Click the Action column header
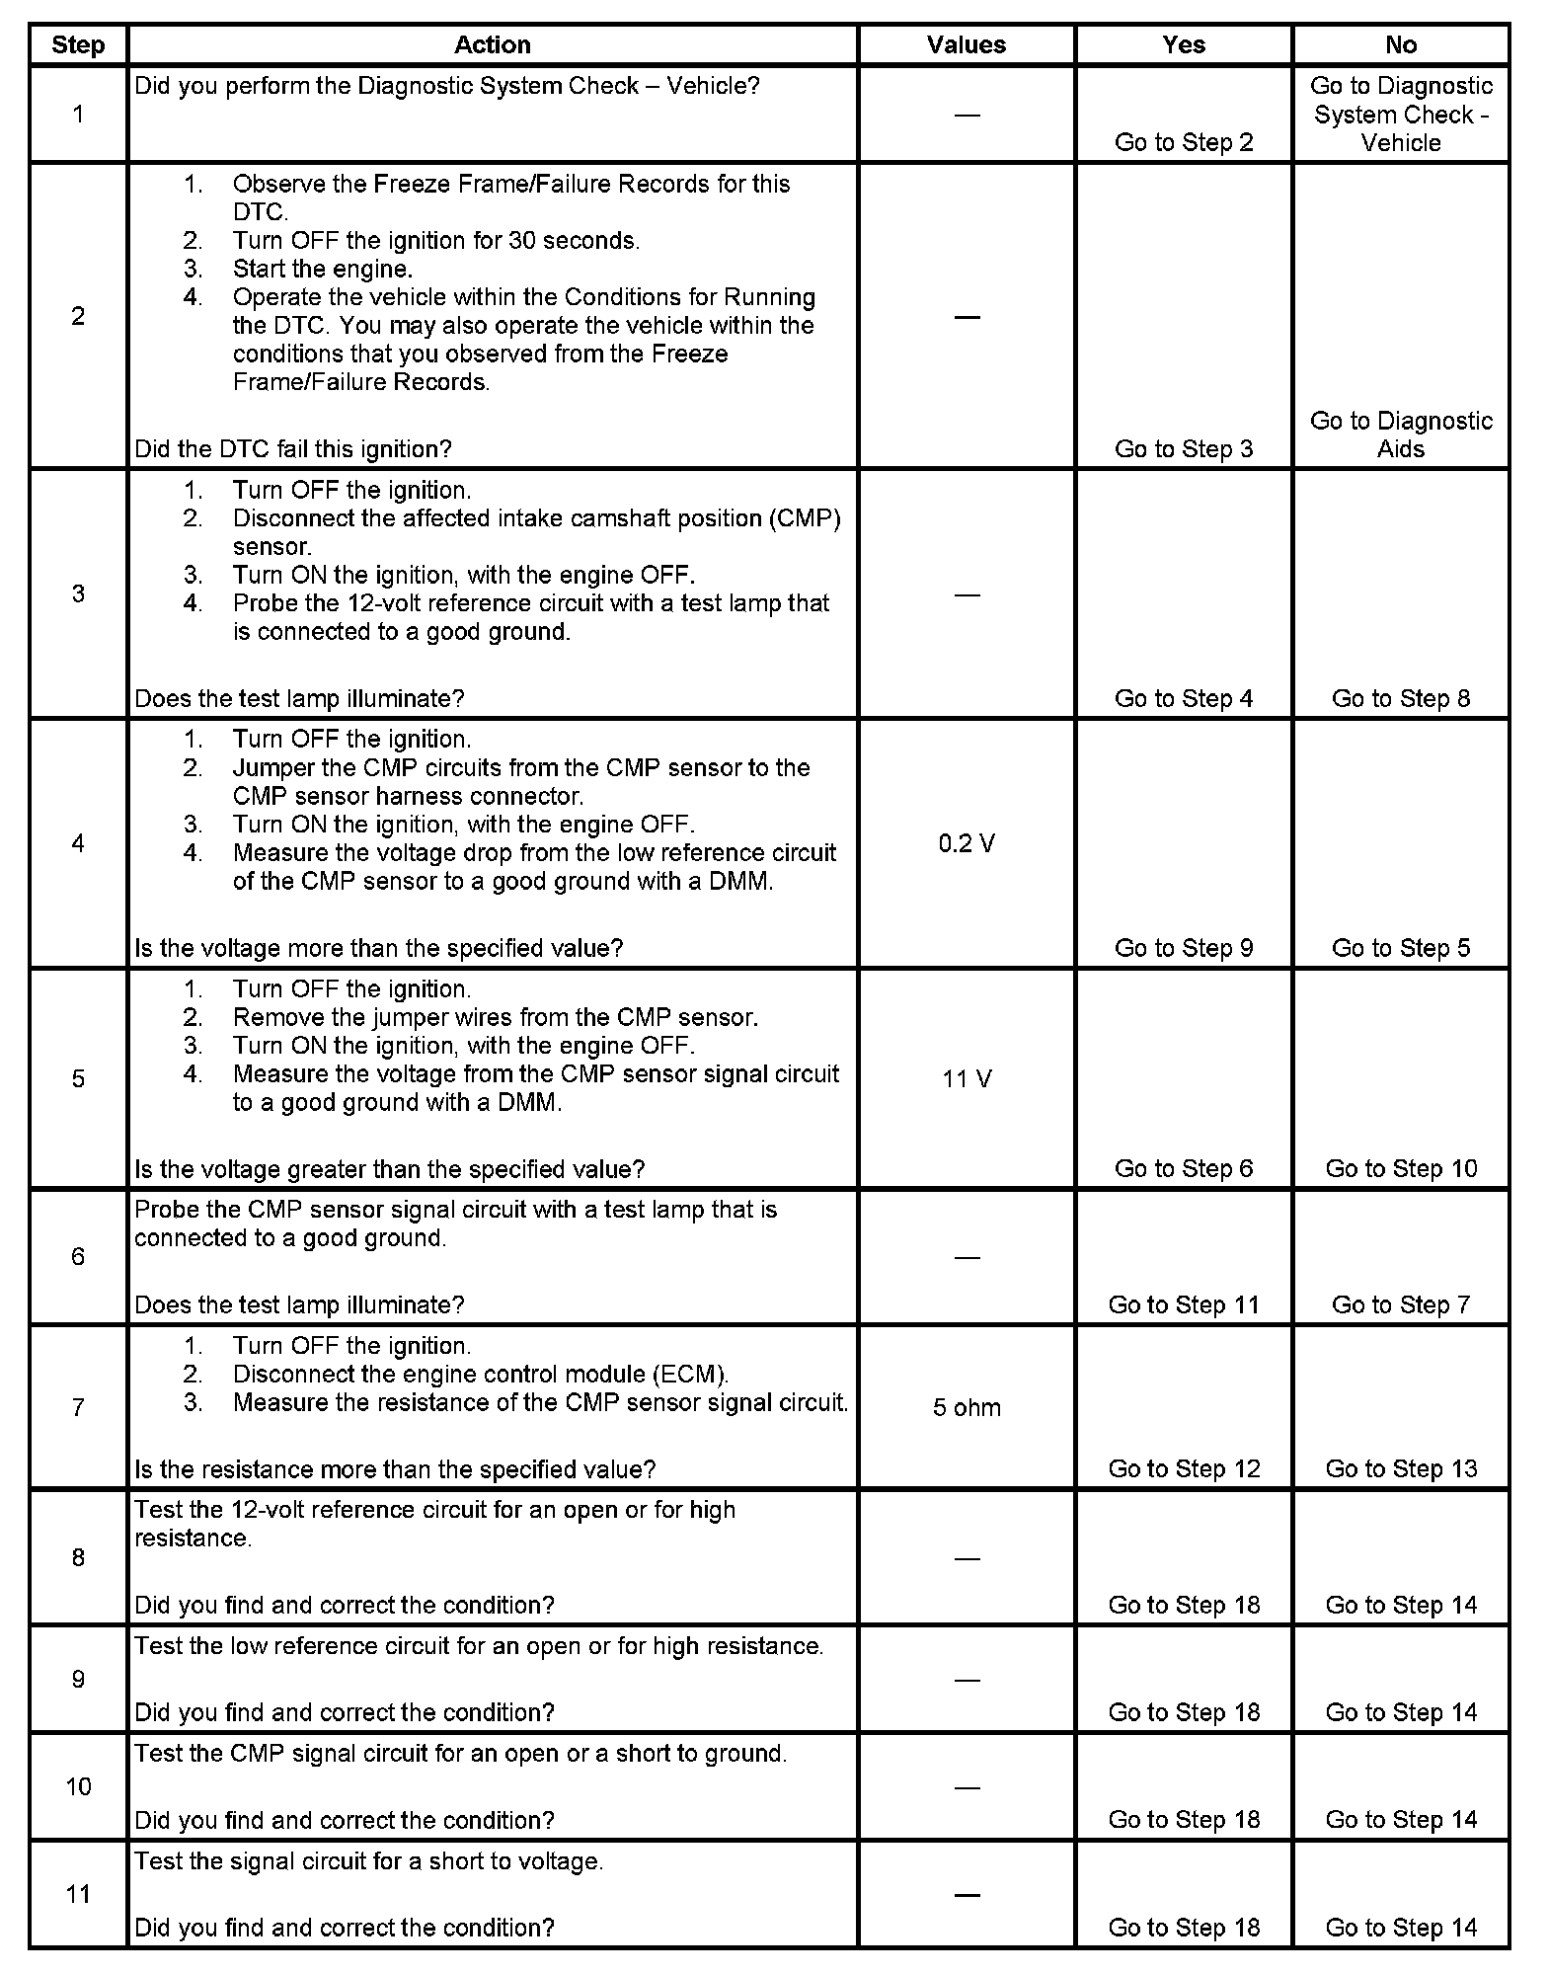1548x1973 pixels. (492, 44)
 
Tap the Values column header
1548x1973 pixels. (966, 44)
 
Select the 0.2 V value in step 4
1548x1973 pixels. (967, 843)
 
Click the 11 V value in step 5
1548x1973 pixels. (967, 1078)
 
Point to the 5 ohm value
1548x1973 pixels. (967, 1407)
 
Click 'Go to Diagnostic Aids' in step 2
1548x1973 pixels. (1400, 434)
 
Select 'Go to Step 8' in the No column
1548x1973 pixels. (1400, 698)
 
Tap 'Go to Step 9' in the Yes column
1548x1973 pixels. (1183, 948)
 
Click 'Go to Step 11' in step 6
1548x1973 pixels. (1183, 1304)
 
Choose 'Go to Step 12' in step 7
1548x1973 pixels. (1183, 1468)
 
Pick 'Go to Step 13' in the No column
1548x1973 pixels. (1400, 1468)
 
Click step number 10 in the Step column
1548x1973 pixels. (78, 1786)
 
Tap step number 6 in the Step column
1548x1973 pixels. (78, 1256)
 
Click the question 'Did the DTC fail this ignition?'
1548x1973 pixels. (292, 449)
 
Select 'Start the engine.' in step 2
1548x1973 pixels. (322, 269)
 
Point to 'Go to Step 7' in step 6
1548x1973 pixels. (1400, 1304)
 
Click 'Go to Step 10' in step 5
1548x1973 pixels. (1400, 1168)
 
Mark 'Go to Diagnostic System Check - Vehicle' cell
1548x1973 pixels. (1400, 114)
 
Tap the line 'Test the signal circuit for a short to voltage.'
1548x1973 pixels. (368, 1861)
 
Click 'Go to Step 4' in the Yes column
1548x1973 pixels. (1183, 698)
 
